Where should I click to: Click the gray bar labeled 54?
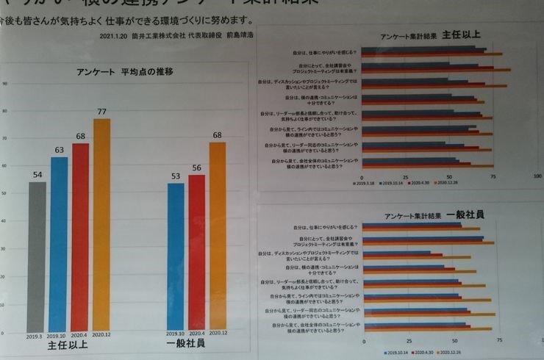tap(37, 257)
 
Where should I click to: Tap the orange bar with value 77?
tap(101, 224)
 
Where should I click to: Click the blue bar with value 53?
tap(176, 257)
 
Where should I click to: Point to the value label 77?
tap(102, 112)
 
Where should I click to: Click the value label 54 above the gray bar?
tap(37, 176)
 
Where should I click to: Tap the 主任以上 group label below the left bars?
tap(70, 346)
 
